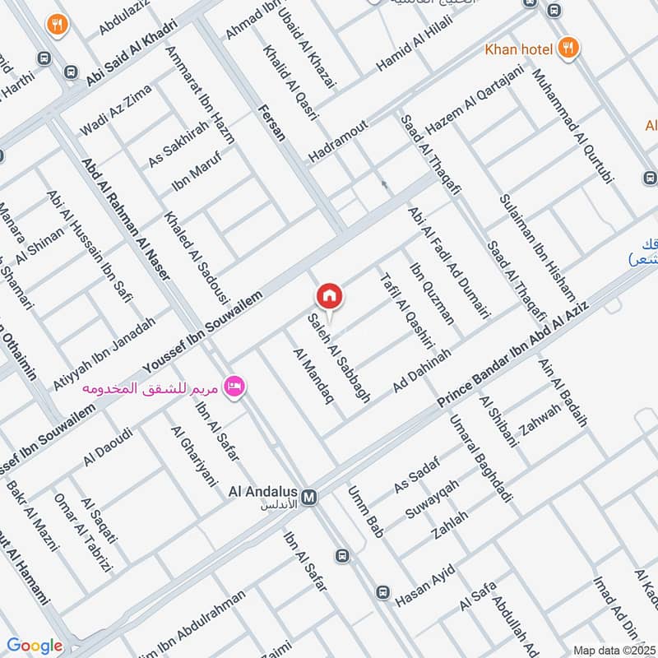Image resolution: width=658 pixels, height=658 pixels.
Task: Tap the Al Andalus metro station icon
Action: (309, 498)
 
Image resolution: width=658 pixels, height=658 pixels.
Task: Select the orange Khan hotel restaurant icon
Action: (567, 49)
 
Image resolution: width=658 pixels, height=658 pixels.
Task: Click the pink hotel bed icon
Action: (234, 387)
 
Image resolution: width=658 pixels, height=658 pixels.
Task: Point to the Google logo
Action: (34, 646)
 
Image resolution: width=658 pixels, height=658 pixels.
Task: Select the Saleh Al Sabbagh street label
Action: (338, 358)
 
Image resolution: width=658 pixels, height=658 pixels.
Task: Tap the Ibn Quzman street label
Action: (432, 294)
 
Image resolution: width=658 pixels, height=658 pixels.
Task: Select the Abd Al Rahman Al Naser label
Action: (126, 217)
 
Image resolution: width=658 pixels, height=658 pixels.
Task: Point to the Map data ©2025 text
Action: (613, 650)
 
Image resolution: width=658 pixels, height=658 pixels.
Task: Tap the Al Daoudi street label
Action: (108, 447)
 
